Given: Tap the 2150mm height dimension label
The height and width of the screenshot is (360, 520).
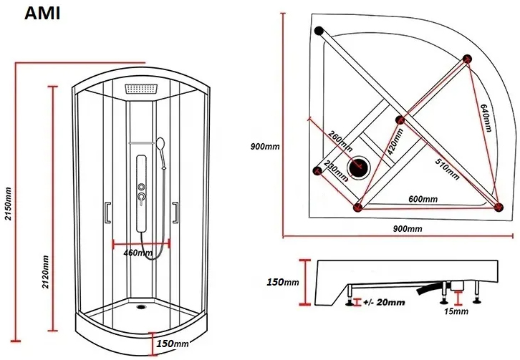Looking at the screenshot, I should coord(8,203).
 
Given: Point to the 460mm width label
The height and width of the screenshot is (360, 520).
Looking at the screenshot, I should coord(138,253).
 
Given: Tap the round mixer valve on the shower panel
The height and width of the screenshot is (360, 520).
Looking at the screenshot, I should coord(143,195).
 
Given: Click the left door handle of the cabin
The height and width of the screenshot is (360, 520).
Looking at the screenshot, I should coord(107,213).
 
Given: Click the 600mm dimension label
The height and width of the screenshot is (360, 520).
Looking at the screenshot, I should coord(423,198).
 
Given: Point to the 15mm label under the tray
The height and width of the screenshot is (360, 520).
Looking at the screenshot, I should coord(456,312).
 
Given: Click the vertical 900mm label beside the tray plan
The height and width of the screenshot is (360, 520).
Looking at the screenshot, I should coord(264,147).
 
